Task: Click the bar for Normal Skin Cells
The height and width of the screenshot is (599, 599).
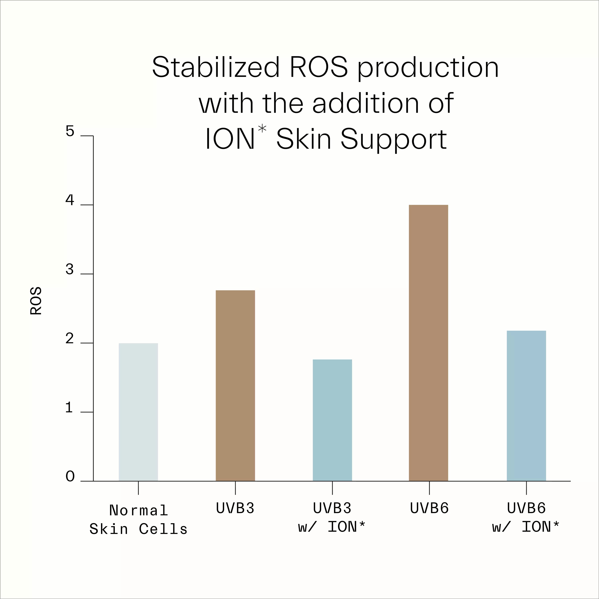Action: (138, 412)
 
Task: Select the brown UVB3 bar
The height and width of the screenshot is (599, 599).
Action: (235, 386)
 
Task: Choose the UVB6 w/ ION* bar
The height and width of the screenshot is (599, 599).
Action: (526, 406)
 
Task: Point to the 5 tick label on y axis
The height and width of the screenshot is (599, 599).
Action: (70, 131)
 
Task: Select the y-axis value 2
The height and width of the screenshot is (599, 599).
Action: (70, 339)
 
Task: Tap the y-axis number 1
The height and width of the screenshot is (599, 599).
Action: (69, 408)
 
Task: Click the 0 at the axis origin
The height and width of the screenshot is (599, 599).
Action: (70, 477)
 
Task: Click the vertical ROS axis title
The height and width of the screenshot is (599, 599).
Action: (36, 301)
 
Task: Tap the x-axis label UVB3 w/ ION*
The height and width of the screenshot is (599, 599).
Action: (332, 518)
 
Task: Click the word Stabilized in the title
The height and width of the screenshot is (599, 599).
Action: (216, 68)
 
